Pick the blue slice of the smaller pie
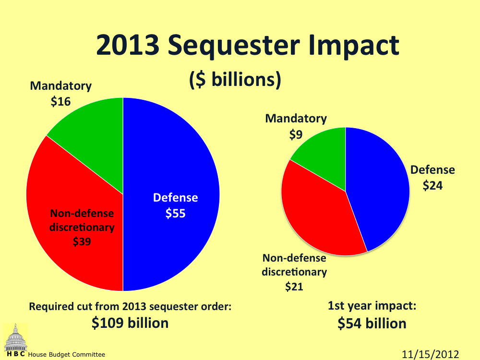pyautogui.click(x=379, y=202)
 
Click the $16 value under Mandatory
pyautogui.click(x=61, y=102)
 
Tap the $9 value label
pyautogui.click(x=296, y=135)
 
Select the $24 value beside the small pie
pyautogui.click(x=432, y=185)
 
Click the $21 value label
pyautogui.click(x=294, y=287)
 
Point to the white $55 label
pyautogui.click(x=176, y=214)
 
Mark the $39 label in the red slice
pyautogui.click(x=82, y=242)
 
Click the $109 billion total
pyautogui.click(x=130, y=323)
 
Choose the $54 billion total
pyautogui.click(x=372, y=324)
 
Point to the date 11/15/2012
pyautogui.click(x=431, y=354)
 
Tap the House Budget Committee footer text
pyautogui.click(x=66, y=355)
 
